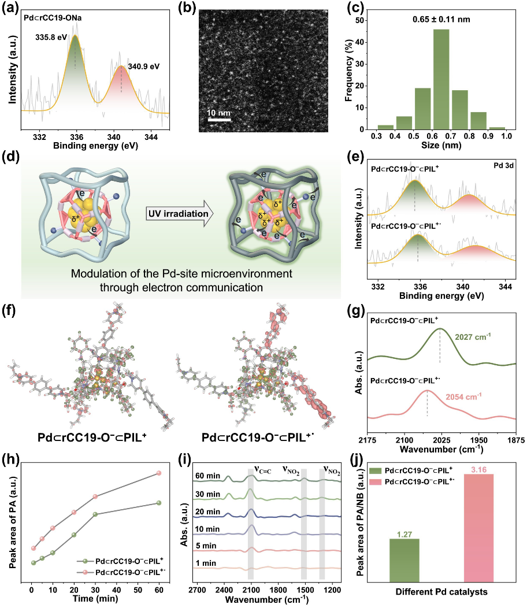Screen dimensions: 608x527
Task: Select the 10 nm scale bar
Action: pyautogui.click(x=220, y=120)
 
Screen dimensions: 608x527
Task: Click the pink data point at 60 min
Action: pyautogui.click(x=159, y=473)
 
